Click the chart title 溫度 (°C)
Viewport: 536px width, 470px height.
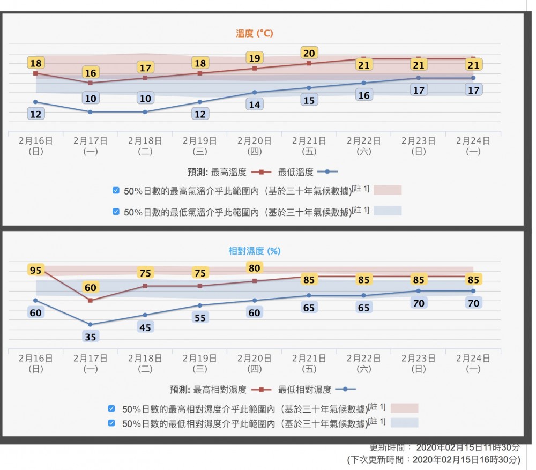click(x=255, y=33)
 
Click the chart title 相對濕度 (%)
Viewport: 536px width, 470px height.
click(x=255, y=251)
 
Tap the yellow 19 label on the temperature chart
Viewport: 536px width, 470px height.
click(x=255, y=57)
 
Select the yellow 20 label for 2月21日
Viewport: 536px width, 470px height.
click(x=309, y=53)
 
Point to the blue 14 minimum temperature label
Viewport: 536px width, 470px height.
click(x=255, y=105)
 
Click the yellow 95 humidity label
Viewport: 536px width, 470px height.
click(x=35, y=270)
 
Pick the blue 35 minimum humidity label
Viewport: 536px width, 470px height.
click(x=90, y=337)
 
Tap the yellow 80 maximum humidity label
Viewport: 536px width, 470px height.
click(x=255, y=267)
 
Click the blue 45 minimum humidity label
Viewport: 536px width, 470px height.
click(x=145, y=327)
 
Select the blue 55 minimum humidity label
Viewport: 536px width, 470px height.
click(x=200, y=317)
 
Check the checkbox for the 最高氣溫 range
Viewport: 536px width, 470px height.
click(x=116, y=190)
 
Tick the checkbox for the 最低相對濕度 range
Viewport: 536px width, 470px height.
click(x=111, y=423)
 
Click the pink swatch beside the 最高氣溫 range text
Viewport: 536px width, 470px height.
click(x=387, y=190)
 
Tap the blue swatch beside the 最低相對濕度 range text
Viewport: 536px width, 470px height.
click(x=404, y=423)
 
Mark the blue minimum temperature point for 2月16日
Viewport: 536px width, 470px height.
click(x=35, y=102)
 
